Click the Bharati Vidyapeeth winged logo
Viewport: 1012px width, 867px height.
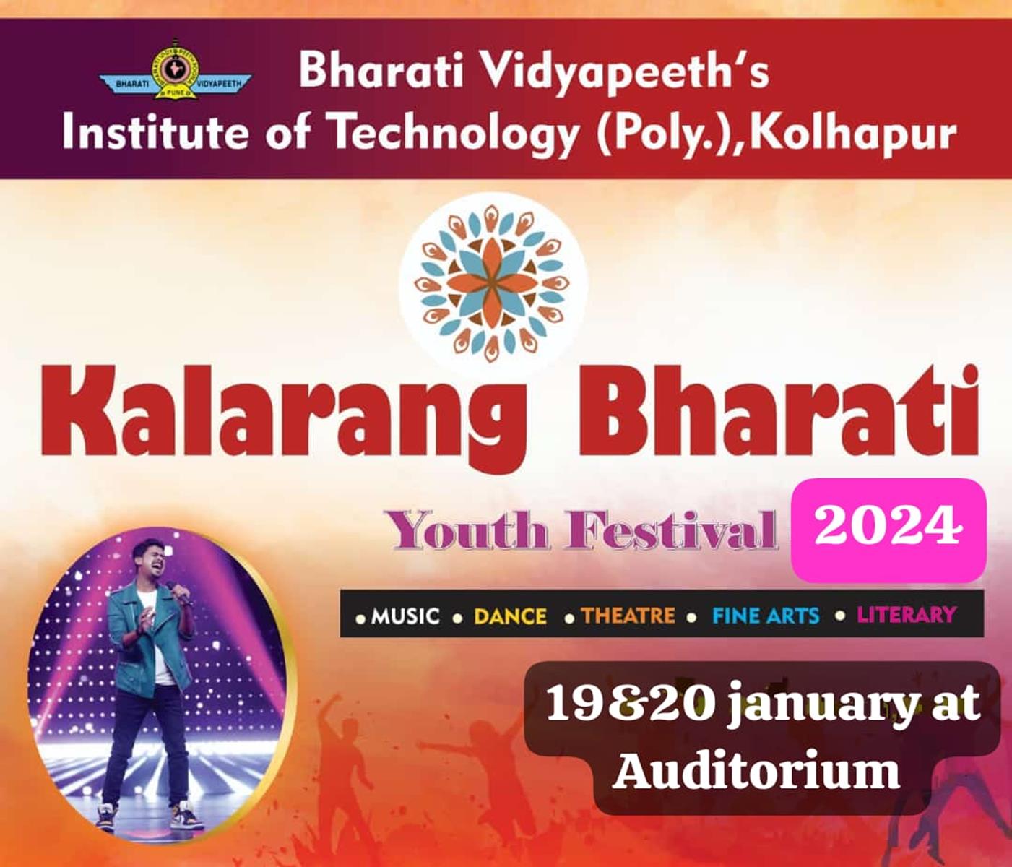point(175,69)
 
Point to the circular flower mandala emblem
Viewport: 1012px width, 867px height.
point(492,284)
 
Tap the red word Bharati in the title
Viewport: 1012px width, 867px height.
point(779,411)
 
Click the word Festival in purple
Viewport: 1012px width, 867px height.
point(672,530)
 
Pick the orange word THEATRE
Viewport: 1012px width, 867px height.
point(628,616)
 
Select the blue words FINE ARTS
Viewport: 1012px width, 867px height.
point(765,616)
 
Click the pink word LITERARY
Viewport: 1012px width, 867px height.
point(907,615)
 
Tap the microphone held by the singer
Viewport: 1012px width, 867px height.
point(177,591)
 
